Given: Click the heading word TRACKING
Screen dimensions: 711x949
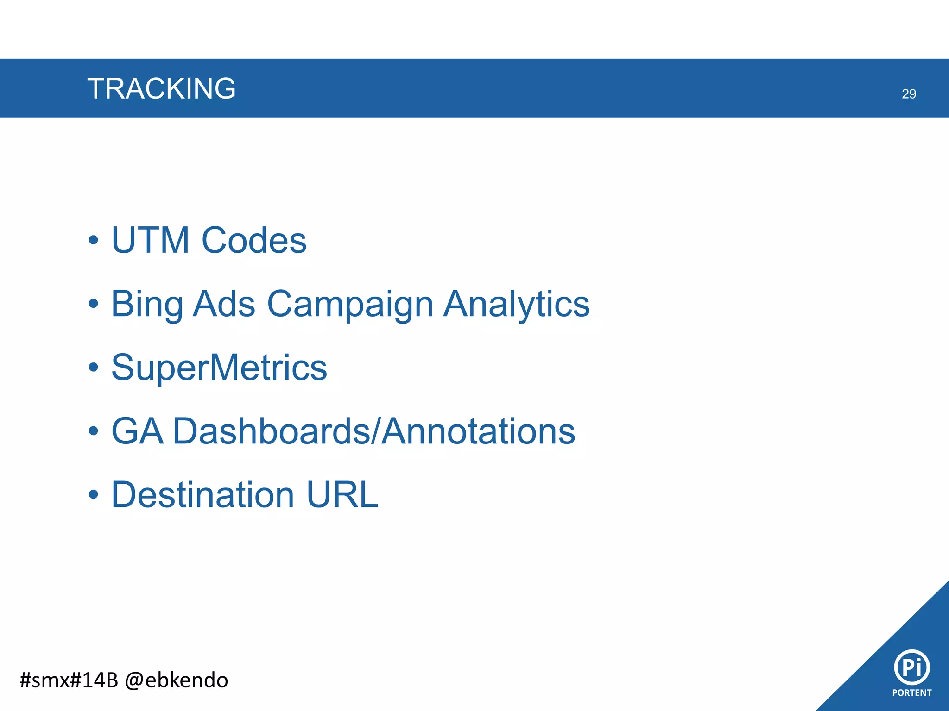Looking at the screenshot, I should coord(161,88).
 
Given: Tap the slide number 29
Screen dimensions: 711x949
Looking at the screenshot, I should coord(909,94).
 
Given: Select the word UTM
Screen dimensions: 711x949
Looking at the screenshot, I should coord(151,240).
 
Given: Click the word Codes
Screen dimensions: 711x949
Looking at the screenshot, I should coord(254,240).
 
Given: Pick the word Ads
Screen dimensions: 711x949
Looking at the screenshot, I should coord(224,304).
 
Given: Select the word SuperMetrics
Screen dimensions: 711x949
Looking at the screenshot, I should coord(219,368).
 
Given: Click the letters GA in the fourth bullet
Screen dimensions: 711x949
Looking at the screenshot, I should coord(138,431).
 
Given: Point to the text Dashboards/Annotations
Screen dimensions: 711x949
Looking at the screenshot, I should coord(374,431).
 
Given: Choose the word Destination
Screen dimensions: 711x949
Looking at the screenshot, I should coord(203,494).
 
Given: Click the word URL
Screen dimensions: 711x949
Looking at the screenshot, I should coord(342,494).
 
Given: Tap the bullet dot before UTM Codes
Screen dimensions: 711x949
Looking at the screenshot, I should coord(94,240).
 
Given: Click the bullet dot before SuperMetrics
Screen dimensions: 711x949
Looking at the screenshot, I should coord(94,368).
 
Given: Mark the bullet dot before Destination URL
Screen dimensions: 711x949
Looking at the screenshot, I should coord(94,494).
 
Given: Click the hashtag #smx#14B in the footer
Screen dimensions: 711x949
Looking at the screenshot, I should coord(69,680).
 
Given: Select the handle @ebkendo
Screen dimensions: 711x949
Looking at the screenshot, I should coord(177,680).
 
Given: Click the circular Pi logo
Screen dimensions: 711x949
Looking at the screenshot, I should coord(911,667).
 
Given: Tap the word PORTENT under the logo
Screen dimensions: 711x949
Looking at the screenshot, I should coord(911,693).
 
